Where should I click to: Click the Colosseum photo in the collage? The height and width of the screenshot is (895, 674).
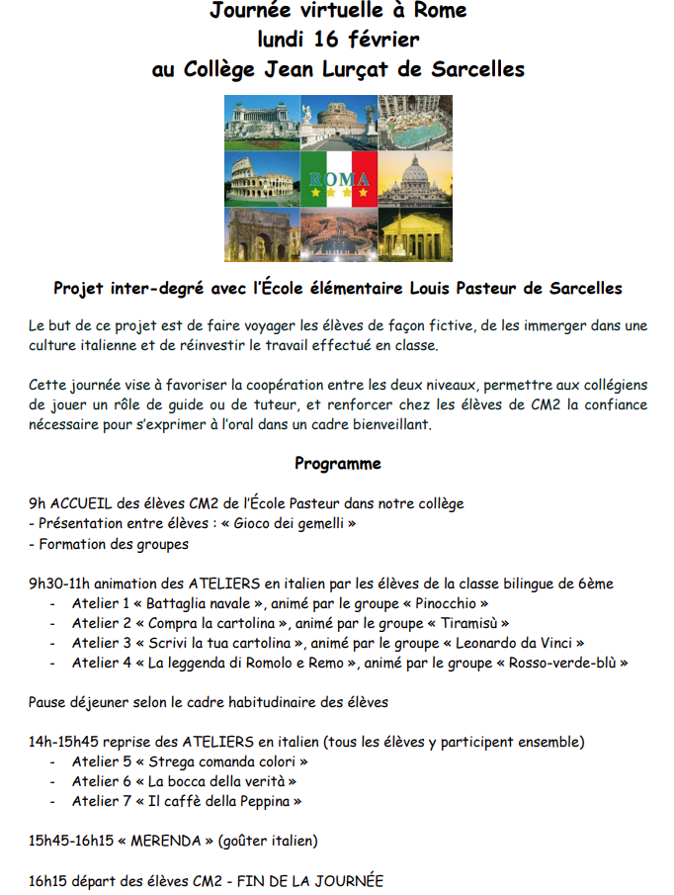coord(261,179)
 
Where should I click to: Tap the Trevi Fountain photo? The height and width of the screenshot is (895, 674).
coord(414,121)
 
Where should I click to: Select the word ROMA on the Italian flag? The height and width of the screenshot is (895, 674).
coord(339,179)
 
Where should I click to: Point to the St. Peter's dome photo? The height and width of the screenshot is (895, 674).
coord(414,179)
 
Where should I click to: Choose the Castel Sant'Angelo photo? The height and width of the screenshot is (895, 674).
coord(339,121)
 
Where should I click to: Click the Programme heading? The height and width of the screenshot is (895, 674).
coord(337,463)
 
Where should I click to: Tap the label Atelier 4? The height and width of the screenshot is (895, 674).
coord(101,663)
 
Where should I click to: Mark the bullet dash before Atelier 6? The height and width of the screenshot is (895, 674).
coord(52,782)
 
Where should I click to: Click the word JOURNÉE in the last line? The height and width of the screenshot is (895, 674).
coord(344,880)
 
